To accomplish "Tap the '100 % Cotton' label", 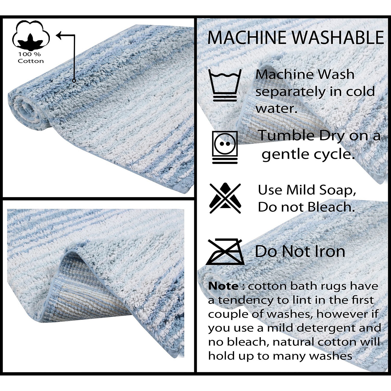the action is tap(31, 58).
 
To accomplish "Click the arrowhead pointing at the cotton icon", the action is tap(59, 35).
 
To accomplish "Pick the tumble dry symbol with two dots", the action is tap(225, 147).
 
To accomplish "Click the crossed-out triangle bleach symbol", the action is tap(225, 198).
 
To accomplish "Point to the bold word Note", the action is tap(223, 286).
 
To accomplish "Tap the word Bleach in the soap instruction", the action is tap(331, 207).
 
